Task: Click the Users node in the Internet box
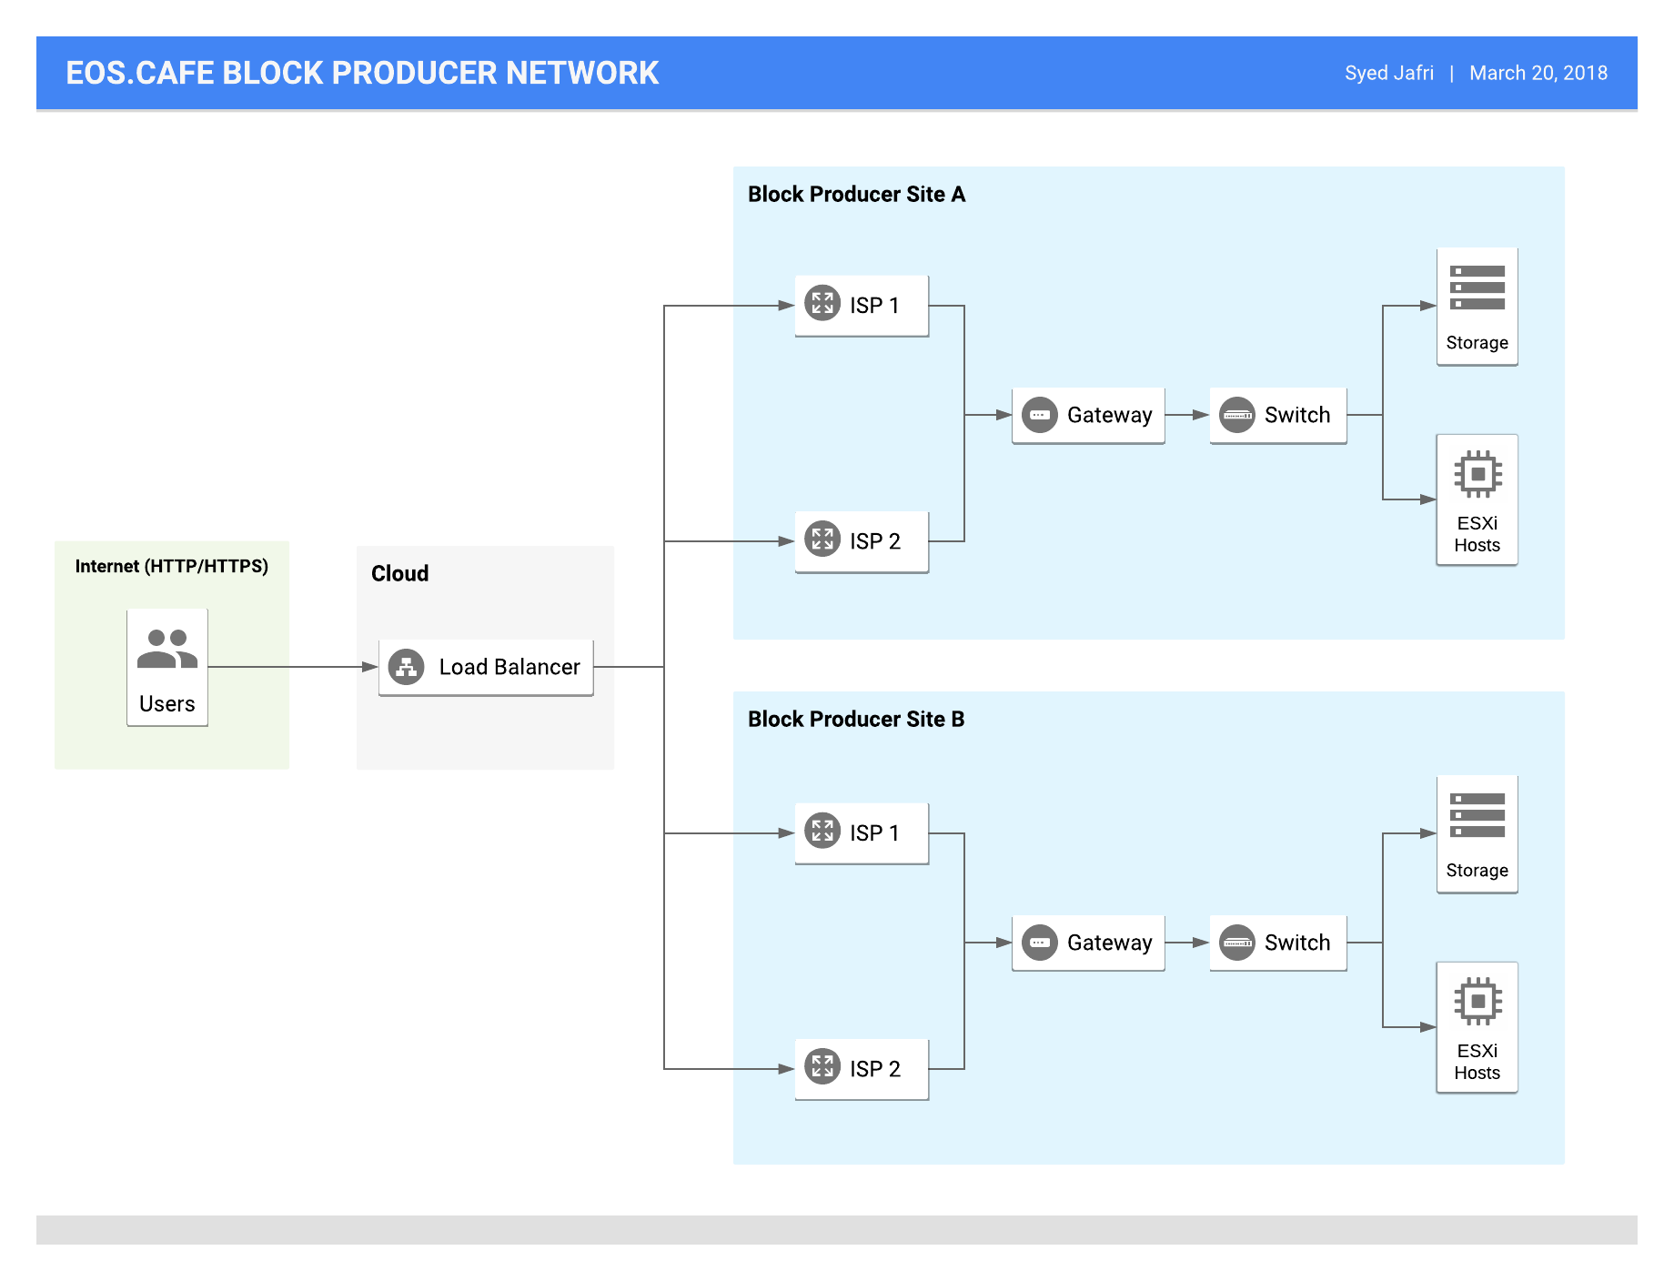click(167, 667)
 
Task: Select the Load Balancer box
click(486, 668)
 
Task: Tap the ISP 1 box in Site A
click(862, 306)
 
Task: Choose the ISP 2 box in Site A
click(862, 541)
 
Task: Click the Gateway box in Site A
click(1088, 416)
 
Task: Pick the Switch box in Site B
click(1278, 943)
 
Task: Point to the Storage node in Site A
click(1477, 307)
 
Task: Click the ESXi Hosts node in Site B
click(1477, 1027)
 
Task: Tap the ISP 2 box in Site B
click(862, 1069)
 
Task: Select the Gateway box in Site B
click(1088, 943)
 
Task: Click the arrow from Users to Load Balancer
click(293, 667)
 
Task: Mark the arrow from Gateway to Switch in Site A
click(1187, 415)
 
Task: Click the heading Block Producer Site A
click(856, 195)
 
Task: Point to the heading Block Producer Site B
click(856, 720)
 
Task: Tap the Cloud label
click(399, 574)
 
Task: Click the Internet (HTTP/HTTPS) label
click(172, 567)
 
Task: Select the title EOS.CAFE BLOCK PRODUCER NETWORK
click(362, 73)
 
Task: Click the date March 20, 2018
click(1538, 73)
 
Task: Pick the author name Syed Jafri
click(1389, 73)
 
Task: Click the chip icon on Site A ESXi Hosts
click(1477, 474)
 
